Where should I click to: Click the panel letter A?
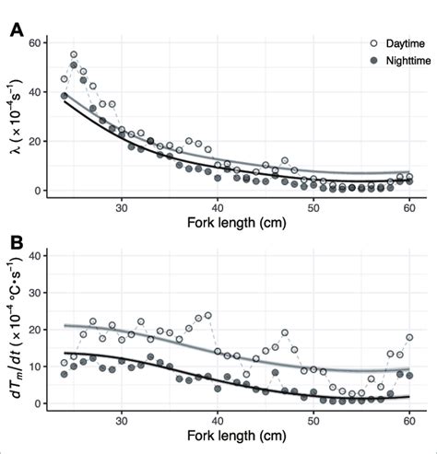[16, 30]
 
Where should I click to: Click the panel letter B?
[16, 244]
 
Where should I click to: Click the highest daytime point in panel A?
[74, 55]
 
